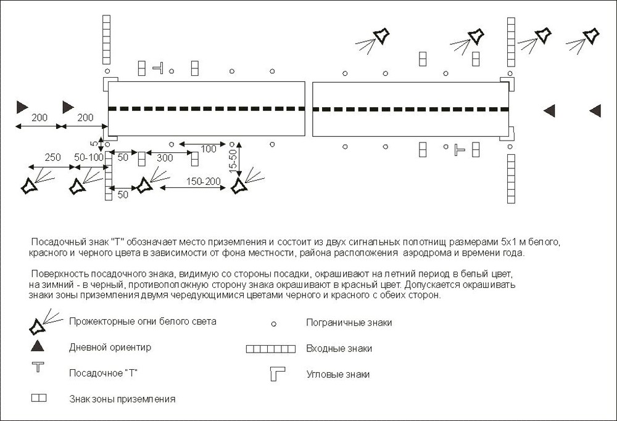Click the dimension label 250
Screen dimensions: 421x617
[52, 158]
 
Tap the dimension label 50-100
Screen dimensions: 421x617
[89, 158]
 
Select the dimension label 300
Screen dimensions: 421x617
[165, 158]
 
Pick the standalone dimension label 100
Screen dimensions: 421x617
[209, 149]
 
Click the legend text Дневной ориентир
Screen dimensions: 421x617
[110, 347]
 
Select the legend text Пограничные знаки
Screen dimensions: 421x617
[349, 322]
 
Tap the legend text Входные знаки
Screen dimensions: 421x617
[339, 348]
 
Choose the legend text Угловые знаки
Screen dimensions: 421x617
[338, 374]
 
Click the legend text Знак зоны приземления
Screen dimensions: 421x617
[122, 399]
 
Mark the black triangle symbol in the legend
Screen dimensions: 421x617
[38, 346]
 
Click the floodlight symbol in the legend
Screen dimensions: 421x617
[39, 325]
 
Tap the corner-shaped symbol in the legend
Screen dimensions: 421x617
[275, 374]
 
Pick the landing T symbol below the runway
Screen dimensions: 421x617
[458, 149]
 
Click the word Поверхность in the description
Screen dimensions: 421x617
[56, 272]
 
